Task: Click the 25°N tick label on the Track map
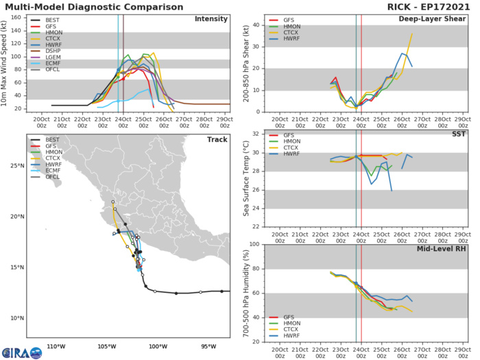(x=17, y=165)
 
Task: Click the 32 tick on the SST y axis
(x=252, y=134)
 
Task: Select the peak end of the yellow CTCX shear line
(x=412, y=34)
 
